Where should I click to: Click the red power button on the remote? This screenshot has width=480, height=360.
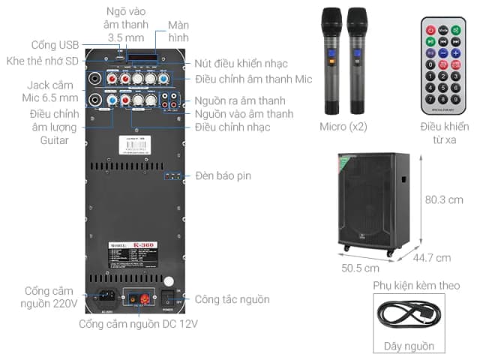tap(430, 29)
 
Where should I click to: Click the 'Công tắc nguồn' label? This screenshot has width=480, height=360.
tap(232, 299)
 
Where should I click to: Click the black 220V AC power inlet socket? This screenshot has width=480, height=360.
tap(105, 298)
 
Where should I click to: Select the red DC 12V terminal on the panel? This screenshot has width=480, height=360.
tap(137, 298)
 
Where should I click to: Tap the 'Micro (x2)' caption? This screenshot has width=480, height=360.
tap(343, 127)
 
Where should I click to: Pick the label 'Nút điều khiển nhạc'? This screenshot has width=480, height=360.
tap(241, 63)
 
